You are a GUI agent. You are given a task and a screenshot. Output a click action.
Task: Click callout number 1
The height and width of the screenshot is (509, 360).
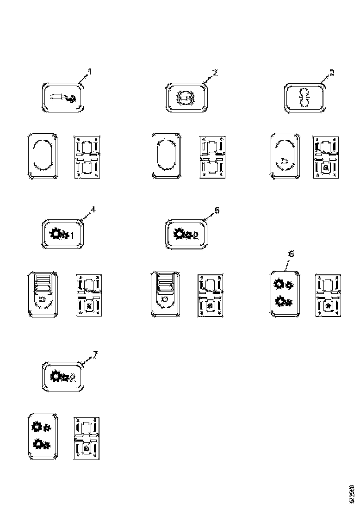[90, 72]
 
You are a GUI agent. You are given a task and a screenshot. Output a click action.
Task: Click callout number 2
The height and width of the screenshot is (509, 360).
[214, 72]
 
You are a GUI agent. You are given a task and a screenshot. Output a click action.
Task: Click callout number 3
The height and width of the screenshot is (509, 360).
[331, 73]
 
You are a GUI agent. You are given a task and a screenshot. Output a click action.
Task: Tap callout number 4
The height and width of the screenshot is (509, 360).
[93, 209]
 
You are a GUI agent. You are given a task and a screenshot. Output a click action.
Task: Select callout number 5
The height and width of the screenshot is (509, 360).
[217, 210]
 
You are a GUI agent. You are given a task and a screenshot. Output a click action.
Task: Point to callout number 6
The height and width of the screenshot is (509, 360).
[291, 254]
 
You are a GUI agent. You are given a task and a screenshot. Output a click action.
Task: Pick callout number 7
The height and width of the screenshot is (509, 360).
[95, 354]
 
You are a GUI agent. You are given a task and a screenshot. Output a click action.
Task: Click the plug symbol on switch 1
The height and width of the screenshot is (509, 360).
[62, 97]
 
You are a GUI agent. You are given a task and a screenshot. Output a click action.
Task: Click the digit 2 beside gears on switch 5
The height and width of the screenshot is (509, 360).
[196, 236]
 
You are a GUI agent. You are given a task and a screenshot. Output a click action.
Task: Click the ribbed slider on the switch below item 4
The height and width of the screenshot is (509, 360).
[43, 280]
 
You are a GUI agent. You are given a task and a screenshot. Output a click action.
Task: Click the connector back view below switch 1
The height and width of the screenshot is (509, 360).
[87, 156]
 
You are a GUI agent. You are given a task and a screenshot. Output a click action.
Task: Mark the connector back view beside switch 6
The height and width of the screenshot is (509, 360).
[328, 295]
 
